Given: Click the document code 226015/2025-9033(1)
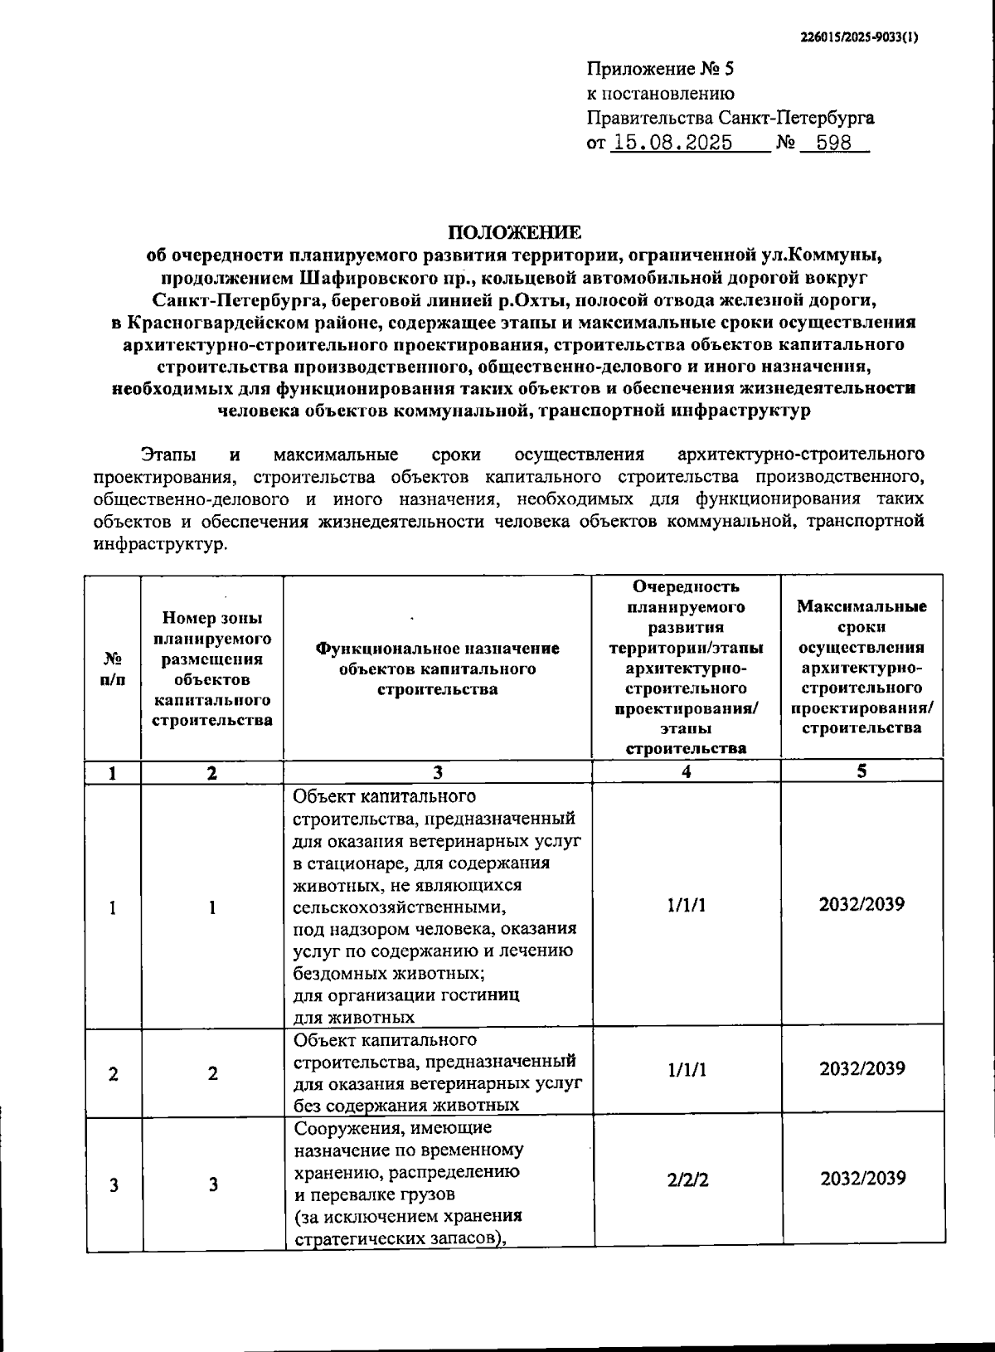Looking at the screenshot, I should click(x=860, y=36).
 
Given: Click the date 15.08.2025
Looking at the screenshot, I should click(x=672, y=143).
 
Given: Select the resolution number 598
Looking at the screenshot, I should click(x=833, y=143).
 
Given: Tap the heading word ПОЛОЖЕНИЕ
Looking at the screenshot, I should click(x=515, y=231).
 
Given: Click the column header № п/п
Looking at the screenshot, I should click(x=113, y=669).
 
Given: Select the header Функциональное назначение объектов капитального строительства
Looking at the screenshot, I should click(x=437, y=669).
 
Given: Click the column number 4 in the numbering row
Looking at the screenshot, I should click(x=686, y=771).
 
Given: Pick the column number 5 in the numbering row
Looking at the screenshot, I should click(x=862, y=771).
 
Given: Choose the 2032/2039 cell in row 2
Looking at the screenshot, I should click(x=862, y=1068).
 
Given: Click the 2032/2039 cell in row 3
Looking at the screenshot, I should click(x=862, y=1179).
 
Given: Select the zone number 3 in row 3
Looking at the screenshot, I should click(x=213, y=1184).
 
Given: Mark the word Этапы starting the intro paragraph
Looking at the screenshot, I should click(x=169, y=455).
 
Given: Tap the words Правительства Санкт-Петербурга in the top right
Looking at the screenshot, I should click(x=730, y=118).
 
